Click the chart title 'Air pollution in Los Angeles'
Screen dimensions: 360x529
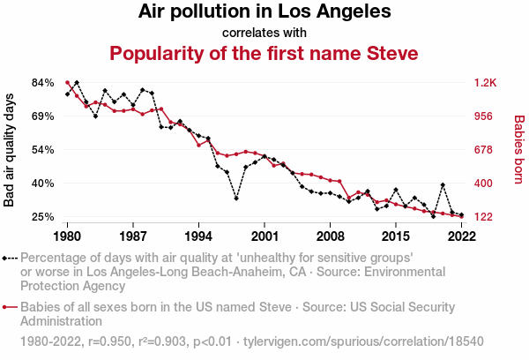pyautogui.click(x=264, y=12)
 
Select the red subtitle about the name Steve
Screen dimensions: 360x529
pyautogui.click(x=264, y=54)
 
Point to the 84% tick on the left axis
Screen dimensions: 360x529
pyautogui.click(x=43, y=83)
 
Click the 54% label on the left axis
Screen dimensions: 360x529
pyautogui.click(x=43, y=150)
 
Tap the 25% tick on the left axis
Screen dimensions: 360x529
pyautogui.click(x=43, y=217)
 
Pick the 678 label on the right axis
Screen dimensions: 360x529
pyautogui.click(x=484, y=150)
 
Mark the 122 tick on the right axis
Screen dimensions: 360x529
pyautogui.click(x=484, y=217)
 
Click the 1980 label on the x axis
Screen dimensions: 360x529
pyautogui.click(x=67, y=236)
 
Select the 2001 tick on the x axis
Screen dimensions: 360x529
pyautogui.click(x=264, y=236)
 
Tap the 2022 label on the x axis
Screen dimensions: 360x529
pyautogui.click(x=461, y=236)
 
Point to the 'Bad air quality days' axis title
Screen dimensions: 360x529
pyautogui.click(x=10, y=149)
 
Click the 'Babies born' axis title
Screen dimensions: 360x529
pyautogui.click(x=519, y=149)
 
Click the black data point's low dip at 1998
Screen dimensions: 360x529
pyautogui.click(x=236, y=199)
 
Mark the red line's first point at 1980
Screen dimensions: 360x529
pyautogui.click(x=67, y=82)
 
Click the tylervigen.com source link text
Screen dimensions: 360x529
pyautogui.click(x=363, y=340)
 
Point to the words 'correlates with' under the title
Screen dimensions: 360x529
pyautogui.click(x=264, y=33)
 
